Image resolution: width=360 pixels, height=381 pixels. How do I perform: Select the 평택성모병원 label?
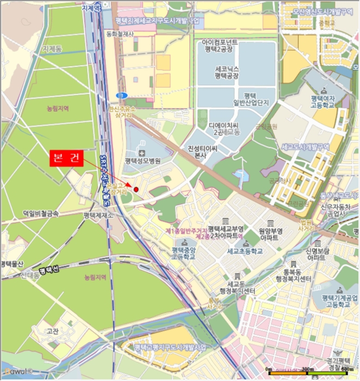(143, 161)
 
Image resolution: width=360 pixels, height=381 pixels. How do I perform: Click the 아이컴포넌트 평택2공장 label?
(220, 45)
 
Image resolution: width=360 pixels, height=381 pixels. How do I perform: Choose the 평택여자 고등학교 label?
(323, 101)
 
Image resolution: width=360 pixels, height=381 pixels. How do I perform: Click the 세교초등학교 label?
(245, 251)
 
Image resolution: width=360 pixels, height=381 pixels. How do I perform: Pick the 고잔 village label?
(53, 330)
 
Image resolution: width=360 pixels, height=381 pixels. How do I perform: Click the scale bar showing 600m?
(308, 372)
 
